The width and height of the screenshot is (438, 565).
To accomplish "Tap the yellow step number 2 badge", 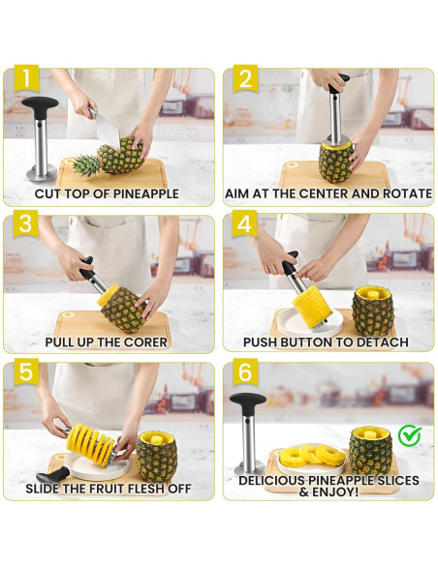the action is pyautogui.click(x=245, y=79).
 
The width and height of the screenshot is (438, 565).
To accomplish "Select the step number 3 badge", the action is pyautogui.click(x=25, y=225).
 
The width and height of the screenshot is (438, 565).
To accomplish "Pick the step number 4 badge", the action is pyautogui.click(x=244, y=224).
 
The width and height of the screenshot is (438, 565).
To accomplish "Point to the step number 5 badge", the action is pyautogui.click(x=26, y=372).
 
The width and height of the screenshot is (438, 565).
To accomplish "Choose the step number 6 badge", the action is pyautogui.click(x=245, y=372).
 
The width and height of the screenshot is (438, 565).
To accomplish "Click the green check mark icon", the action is pyautogui.click(x=410, y=435).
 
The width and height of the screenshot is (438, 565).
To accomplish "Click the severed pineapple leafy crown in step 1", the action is pyautogui.click(x=86, y=165).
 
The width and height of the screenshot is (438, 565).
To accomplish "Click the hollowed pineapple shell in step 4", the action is pyautogui.click(x=373, y=311).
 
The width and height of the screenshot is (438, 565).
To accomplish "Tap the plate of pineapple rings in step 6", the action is pyautogui.click(x=311, y=461).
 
